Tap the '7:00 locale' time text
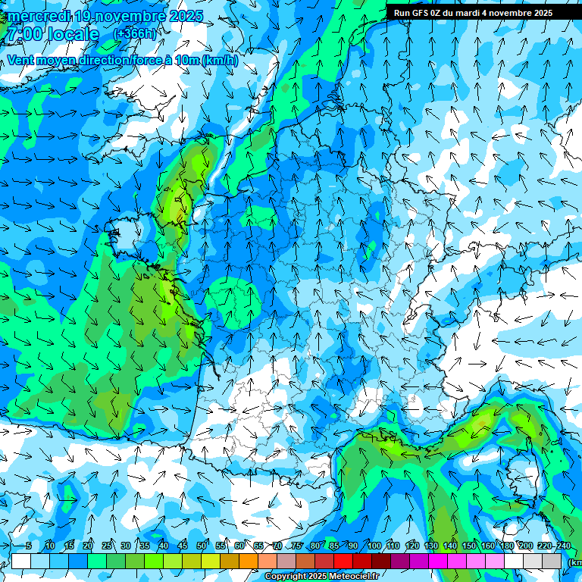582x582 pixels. coord(53,34)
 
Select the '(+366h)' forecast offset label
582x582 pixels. coord(135,34)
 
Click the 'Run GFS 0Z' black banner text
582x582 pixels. coord(420,13)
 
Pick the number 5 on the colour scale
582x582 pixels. coord(29,546)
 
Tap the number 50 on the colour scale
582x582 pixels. coord(202,546)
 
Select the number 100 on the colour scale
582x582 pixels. coord(374,546)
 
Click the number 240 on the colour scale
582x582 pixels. coord(563,546)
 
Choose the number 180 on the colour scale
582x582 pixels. coord(506,546)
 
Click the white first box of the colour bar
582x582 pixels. coord(21,561)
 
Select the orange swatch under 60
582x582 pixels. coord(249,561)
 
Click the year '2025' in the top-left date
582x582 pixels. coord(186,16)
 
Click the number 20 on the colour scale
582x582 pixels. coord(88,546)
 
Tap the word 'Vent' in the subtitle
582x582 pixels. coord(21,60)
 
